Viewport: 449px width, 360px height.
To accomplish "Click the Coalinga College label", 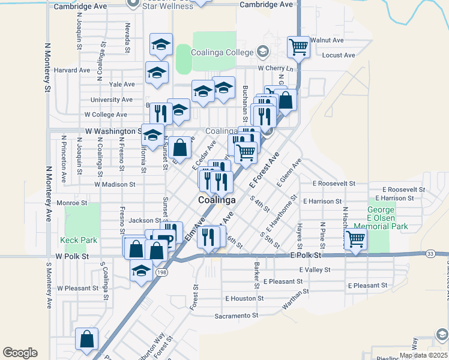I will point(223,52).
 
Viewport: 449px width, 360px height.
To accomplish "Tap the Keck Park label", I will point(79,240).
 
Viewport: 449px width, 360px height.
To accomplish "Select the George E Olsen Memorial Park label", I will point(381,218).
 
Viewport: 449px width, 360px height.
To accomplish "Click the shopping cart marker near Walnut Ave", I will point(298,46).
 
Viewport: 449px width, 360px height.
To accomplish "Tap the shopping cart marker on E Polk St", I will point(356,239).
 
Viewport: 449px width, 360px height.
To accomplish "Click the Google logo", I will point(20,353).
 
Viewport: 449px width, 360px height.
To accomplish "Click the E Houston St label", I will point(244,298).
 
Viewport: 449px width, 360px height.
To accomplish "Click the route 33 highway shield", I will point(430,254).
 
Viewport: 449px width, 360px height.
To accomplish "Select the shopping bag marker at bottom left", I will point(87,339).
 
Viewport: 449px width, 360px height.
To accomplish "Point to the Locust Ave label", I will point(339,55).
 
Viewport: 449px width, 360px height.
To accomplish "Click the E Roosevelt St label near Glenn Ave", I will point(334,183).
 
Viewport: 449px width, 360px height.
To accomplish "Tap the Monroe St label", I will point(68,203).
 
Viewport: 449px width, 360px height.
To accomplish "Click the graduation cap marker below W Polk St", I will point(141,270).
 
